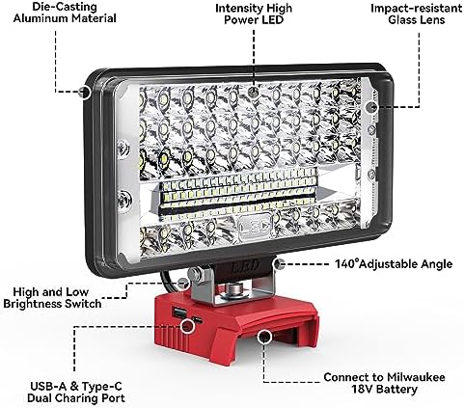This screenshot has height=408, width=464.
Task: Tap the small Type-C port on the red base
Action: (196, 315)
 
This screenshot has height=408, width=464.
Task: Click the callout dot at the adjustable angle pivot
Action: (278, 260)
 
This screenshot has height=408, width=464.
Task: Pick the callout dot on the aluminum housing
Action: (88, 92)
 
